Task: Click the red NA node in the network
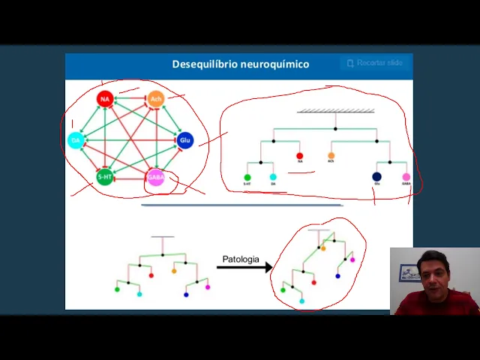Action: (105, 98)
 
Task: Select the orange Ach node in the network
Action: (155, 98)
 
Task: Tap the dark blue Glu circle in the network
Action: (185, 139)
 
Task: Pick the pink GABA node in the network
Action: (155, 178)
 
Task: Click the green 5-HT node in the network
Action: (105, 178)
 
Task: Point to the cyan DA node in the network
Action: (76, 139)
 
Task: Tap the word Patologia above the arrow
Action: (241, 259)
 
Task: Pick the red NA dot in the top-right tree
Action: (300, 156)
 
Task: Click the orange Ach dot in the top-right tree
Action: (331, 156)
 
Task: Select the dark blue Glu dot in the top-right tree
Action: (376, 177)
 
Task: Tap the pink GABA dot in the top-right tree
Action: (406, 177)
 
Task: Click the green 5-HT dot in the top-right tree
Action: (247, 178)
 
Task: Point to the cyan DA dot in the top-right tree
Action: (273, 178)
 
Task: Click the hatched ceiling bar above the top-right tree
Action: (335, 111)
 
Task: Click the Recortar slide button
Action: (375, 63)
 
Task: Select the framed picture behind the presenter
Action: (409, 272)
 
